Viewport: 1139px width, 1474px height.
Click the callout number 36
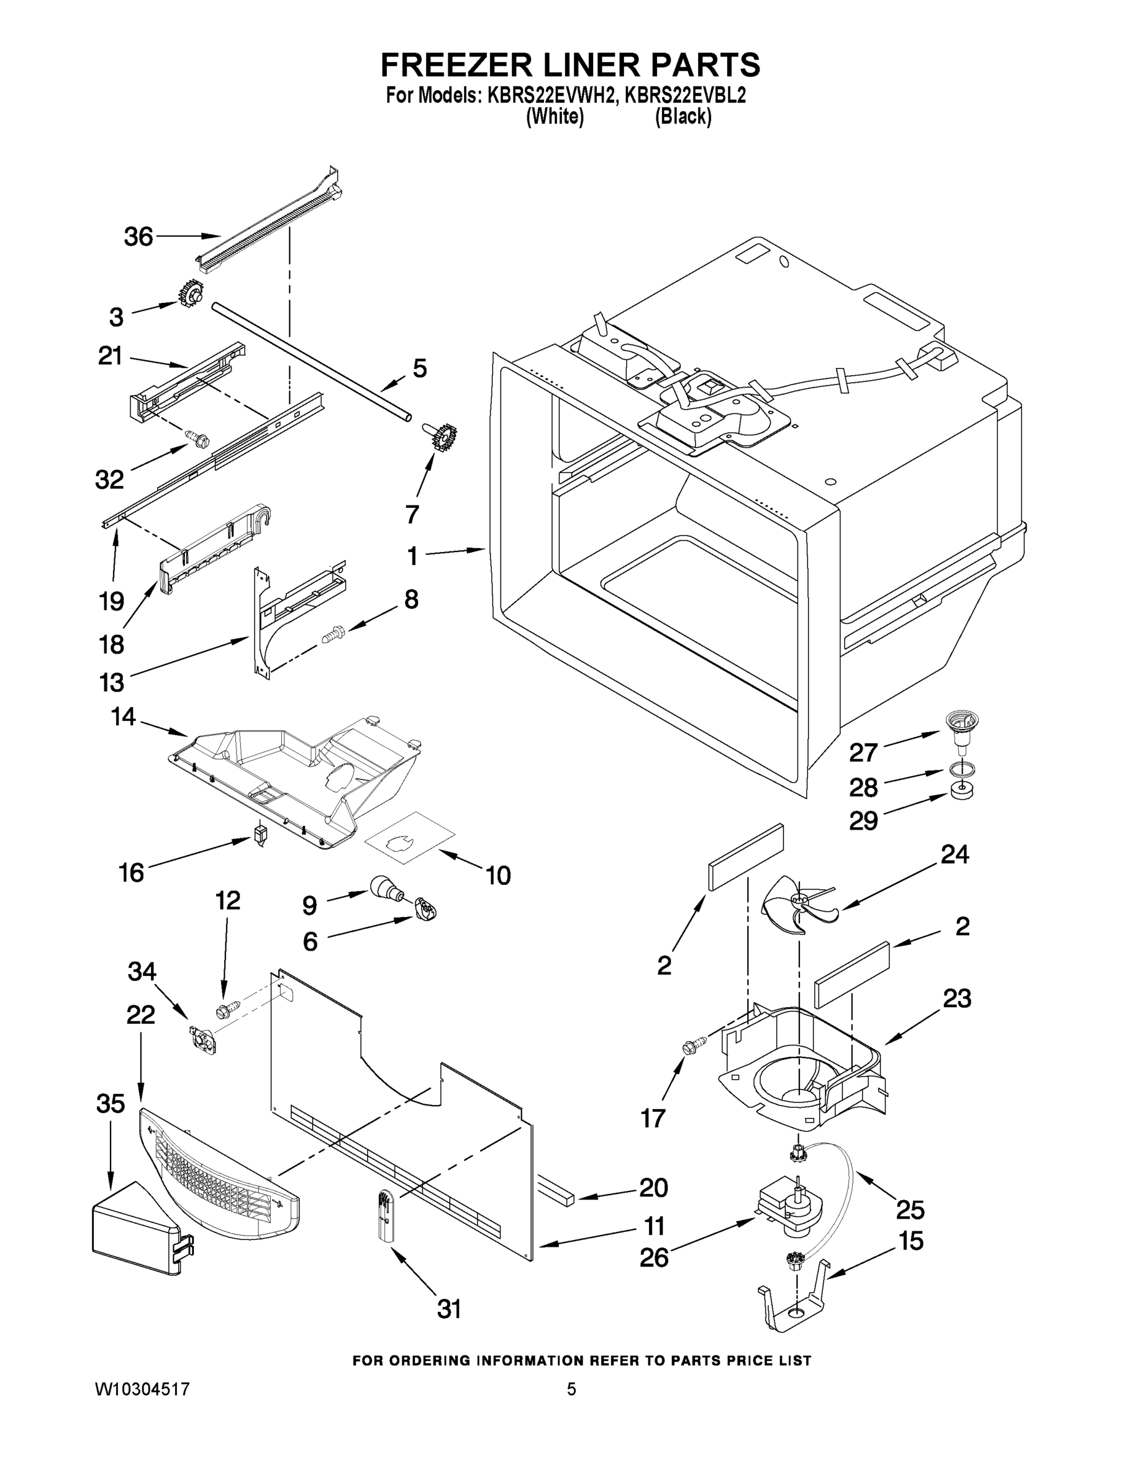coord(138,237)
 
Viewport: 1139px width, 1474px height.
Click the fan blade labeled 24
coord(796,902)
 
